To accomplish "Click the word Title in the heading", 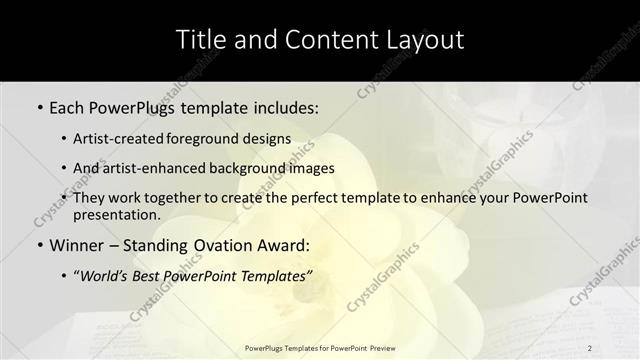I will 202,40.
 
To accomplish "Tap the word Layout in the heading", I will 421,40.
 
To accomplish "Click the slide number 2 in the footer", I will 590,347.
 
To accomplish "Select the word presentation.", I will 117,214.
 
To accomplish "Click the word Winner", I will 76,245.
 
